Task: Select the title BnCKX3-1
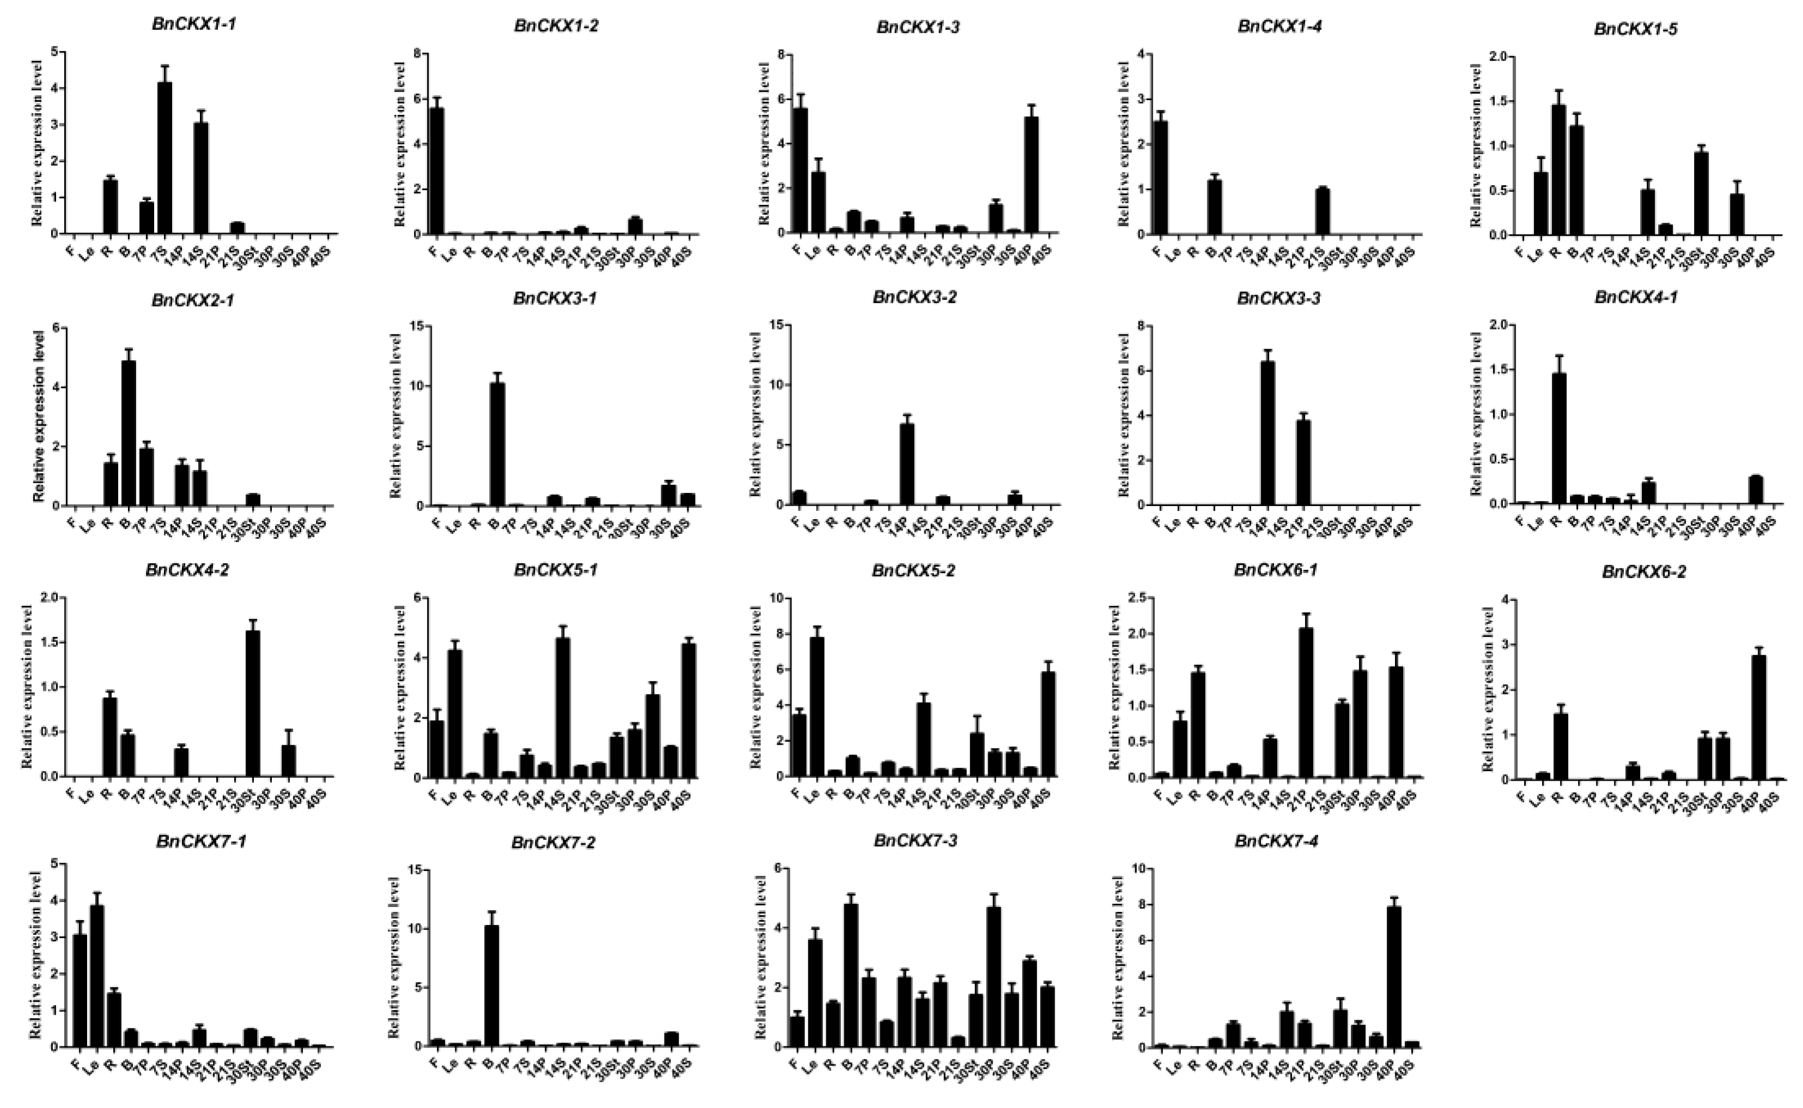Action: click(555, 299)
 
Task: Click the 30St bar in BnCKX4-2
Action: click(253, 703)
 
